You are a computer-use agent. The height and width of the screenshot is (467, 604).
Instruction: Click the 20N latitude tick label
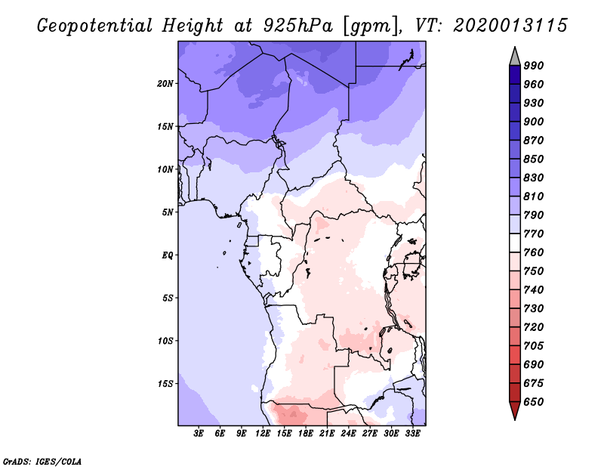click(165, 83)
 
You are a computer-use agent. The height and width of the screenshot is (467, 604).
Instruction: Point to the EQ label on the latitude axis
click(168, 255)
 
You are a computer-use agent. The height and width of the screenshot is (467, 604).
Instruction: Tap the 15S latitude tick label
click(165, 383)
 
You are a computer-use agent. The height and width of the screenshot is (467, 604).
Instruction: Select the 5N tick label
click(168, 212)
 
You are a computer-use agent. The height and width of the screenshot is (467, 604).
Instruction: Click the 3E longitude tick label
click(199, 434)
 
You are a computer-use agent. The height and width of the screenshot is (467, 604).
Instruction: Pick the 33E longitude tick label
click(412, 434)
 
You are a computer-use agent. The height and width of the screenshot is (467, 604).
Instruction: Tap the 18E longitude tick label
click(306, 434)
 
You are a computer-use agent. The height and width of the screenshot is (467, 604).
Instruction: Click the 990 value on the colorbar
click(533, 66)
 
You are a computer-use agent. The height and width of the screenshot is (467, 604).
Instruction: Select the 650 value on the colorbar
click(533, 402)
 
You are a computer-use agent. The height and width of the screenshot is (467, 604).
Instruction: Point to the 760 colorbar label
click(533, 252)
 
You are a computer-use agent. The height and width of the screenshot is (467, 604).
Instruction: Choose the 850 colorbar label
click(533, 159)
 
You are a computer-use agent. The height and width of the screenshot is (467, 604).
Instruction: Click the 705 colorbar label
click(533, 346)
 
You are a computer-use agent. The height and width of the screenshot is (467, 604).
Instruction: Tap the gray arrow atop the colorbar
click(515, 56)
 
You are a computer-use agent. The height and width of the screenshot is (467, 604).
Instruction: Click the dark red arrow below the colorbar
click(515, 411)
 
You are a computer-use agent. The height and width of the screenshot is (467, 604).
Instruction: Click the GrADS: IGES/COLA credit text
click(42, 460)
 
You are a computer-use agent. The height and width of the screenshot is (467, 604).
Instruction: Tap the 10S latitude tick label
click(165, 340)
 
